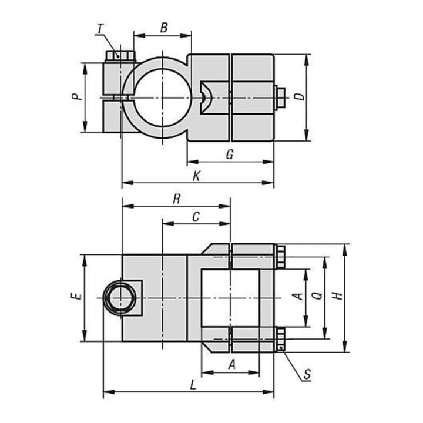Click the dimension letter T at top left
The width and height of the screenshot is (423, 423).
click(100, 29)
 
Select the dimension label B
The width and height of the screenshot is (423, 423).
click(164, 28)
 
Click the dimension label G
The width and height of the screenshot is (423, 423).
click(230, 155)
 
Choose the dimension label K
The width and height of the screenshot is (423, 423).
click(197, 176)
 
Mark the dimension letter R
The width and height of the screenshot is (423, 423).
click(176, 199)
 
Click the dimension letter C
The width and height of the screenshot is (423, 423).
click(196, 217)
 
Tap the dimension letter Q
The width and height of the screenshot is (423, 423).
click(318, 296)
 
